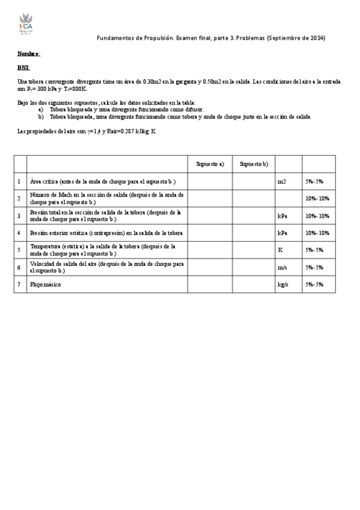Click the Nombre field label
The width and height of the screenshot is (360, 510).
pyautogui.click(x=29, y=54)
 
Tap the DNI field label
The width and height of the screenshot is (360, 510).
pyautogui.click(x=23, y=67)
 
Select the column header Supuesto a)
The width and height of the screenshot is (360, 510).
pyautogui.click(x=210, y=164)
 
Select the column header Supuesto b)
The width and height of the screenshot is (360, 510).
pyautogui.click(x=254, y=164)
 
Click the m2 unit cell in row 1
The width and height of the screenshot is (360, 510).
pyautogui.click(x=281, y=181)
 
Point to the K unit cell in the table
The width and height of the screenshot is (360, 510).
pyautogui.click(x=280, y=250)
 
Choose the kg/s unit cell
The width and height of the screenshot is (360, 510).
pyautogui.click(x=282, y=284)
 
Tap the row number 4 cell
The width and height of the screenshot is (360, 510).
pyautogui.click(x=19, y=233)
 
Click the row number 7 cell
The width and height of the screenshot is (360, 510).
pyautogui.click(x=19, y=284)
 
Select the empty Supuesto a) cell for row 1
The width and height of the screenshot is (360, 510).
pyautogui.click(x=210, y=181)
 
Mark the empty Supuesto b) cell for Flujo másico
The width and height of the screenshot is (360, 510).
pyautogui.click(x=254, y=284)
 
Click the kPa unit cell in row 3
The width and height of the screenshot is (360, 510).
pyautogui.click(x=282, y=215)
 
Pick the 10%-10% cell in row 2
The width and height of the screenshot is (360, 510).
pyautogui.click(x=317, y=198)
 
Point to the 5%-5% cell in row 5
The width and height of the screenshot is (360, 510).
pyautogui.click(x=314, y=250)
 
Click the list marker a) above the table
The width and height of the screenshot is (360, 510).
pyautogui.click(x=41, y=110)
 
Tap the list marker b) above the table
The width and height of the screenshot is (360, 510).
pyautogui.click(x=41, y=117)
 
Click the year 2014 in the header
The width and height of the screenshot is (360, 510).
pyautogui.click(x=317, y=38)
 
